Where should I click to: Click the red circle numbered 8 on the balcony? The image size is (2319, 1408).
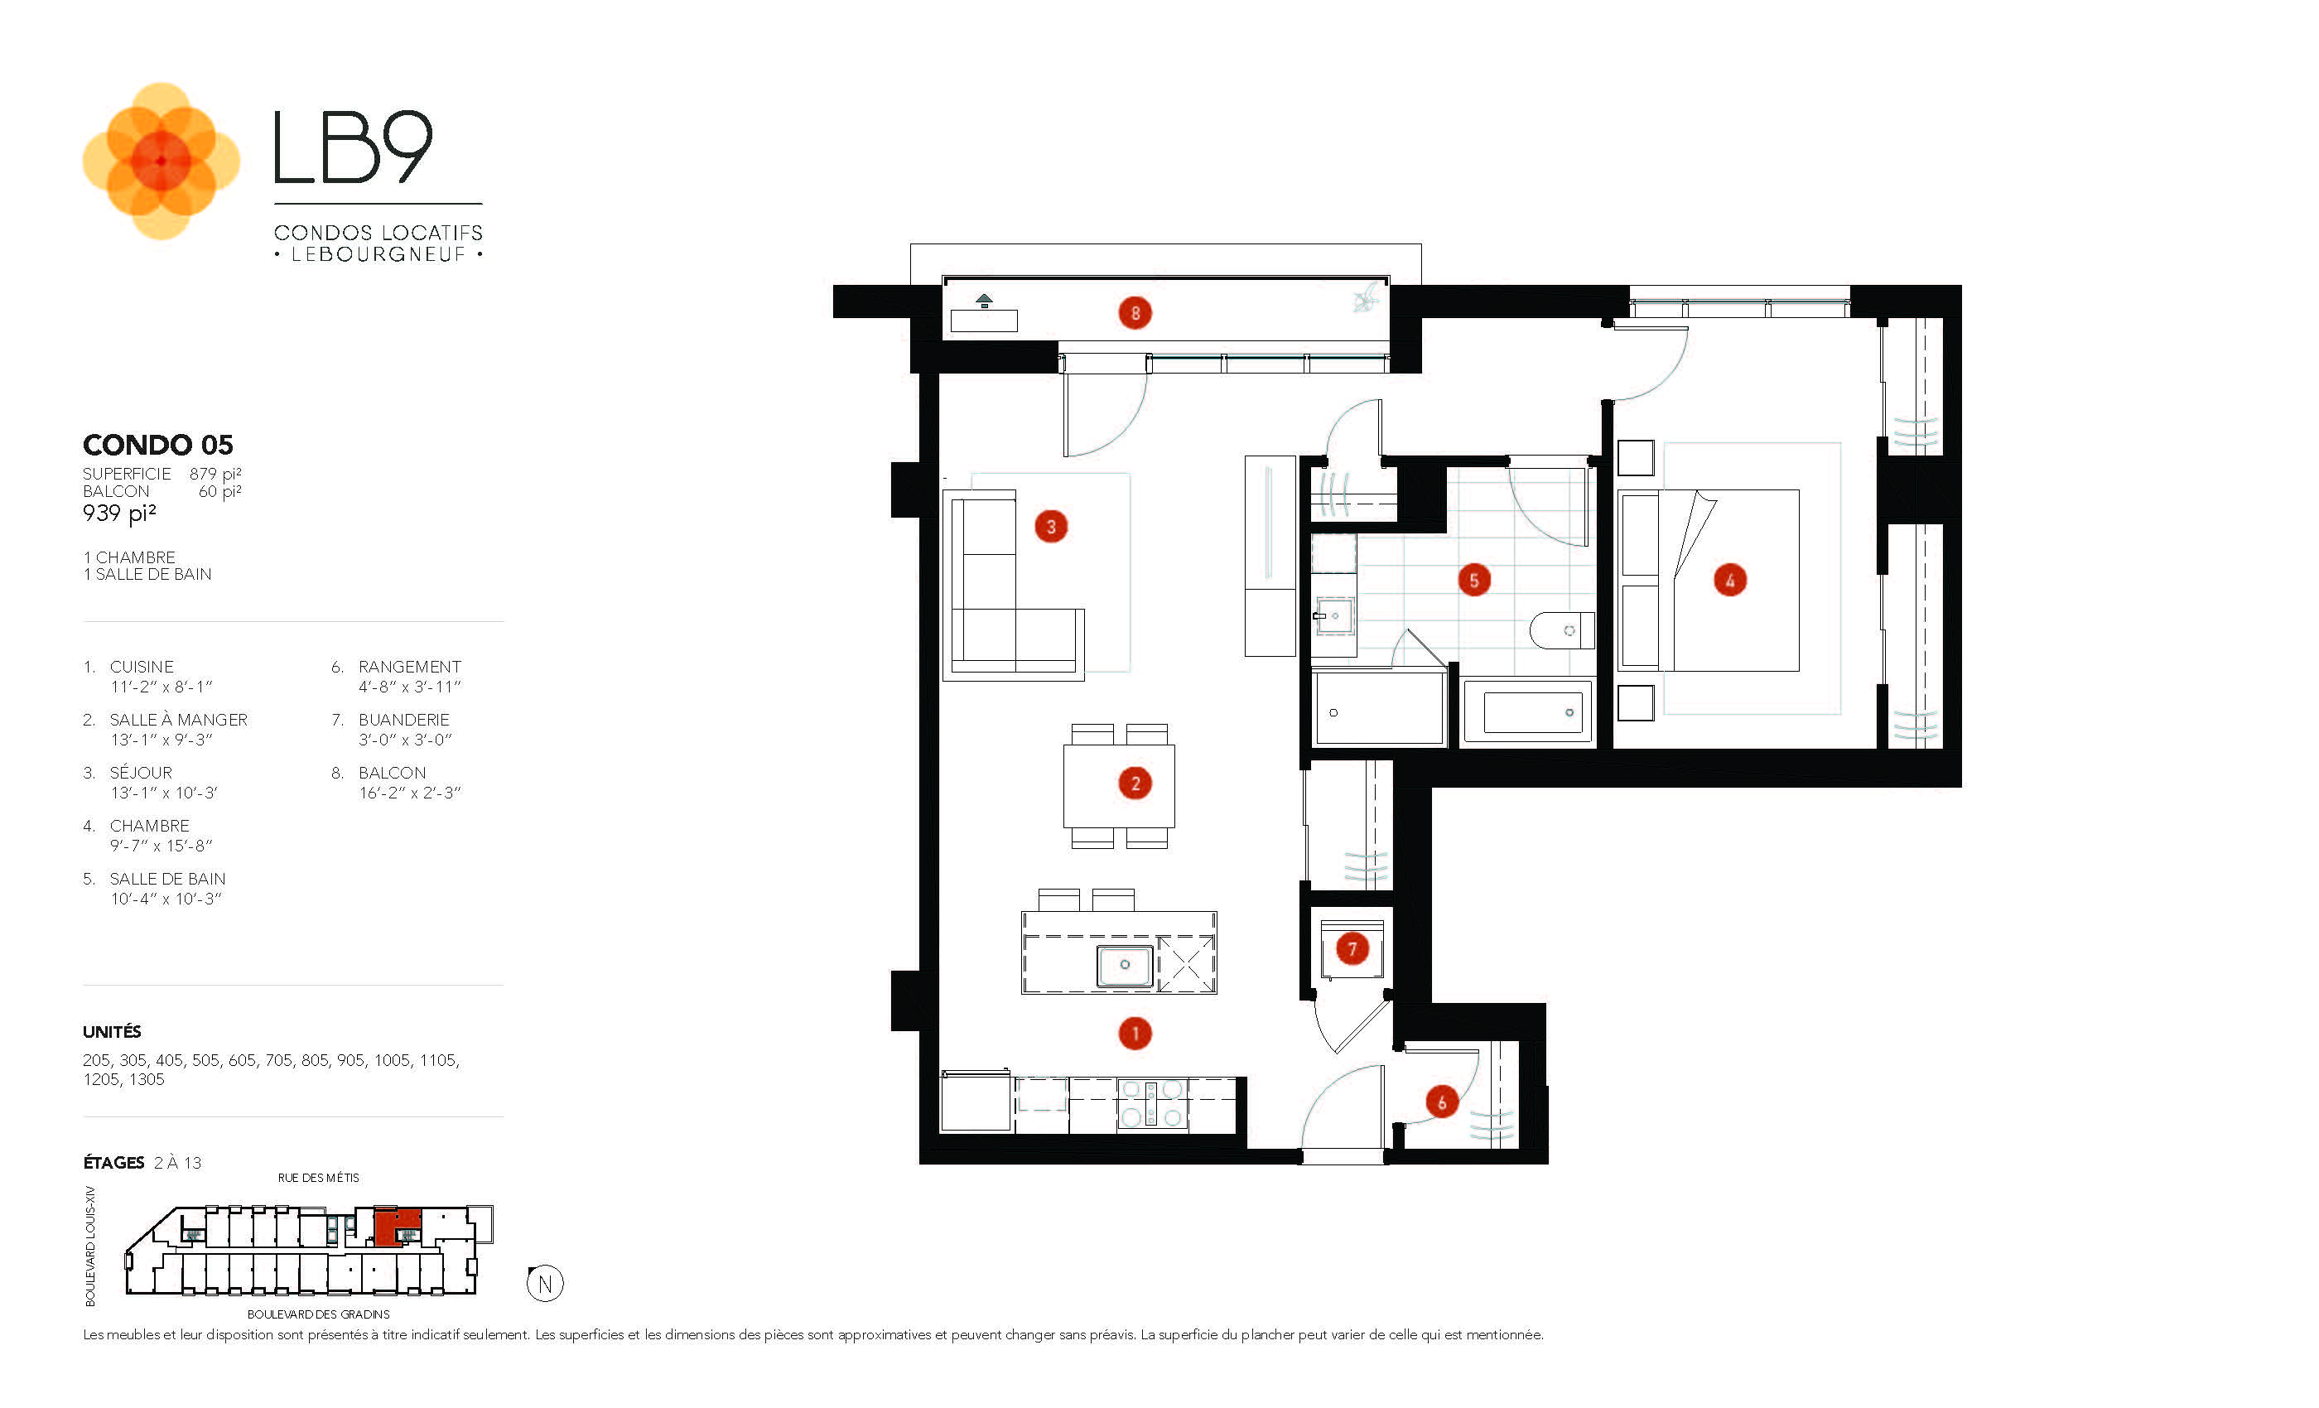(x=1135, y=312)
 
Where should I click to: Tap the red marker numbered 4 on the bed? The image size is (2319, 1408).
(x=1729, y=580)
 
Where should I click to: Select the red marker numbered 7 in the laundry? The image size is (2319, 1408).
(x=1352, y=948)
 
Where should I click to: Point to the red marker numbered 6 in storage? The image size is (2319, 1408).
(x=1441, y=1102)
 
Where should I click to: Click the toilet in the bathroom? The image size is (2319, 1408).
(x=1562, y=630)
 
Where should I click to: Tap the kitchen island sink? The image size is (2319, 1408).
(x=1124, y=965)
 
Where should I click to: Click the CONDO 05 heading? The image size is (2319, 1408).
(x=158, y=444)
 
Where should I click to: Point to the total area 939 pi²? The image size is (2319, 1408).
(x=119, y=513)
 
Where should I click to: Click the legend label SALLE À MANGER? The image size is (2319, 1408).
(x=178, y=720)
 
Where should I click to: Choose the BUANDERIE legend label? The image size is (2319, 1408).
(x=404, y=720)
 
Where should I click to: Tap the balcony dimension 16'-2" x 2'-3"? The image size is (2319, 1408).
(x=409, y=793)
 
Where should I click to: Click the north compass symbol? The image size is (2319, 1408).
(x=545, y=1284)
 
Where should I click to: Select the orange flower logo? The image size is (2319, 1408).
(x=161, y=161)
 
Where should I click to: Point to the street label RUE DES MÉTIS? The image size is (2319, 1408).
(x=318, y=1178)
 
